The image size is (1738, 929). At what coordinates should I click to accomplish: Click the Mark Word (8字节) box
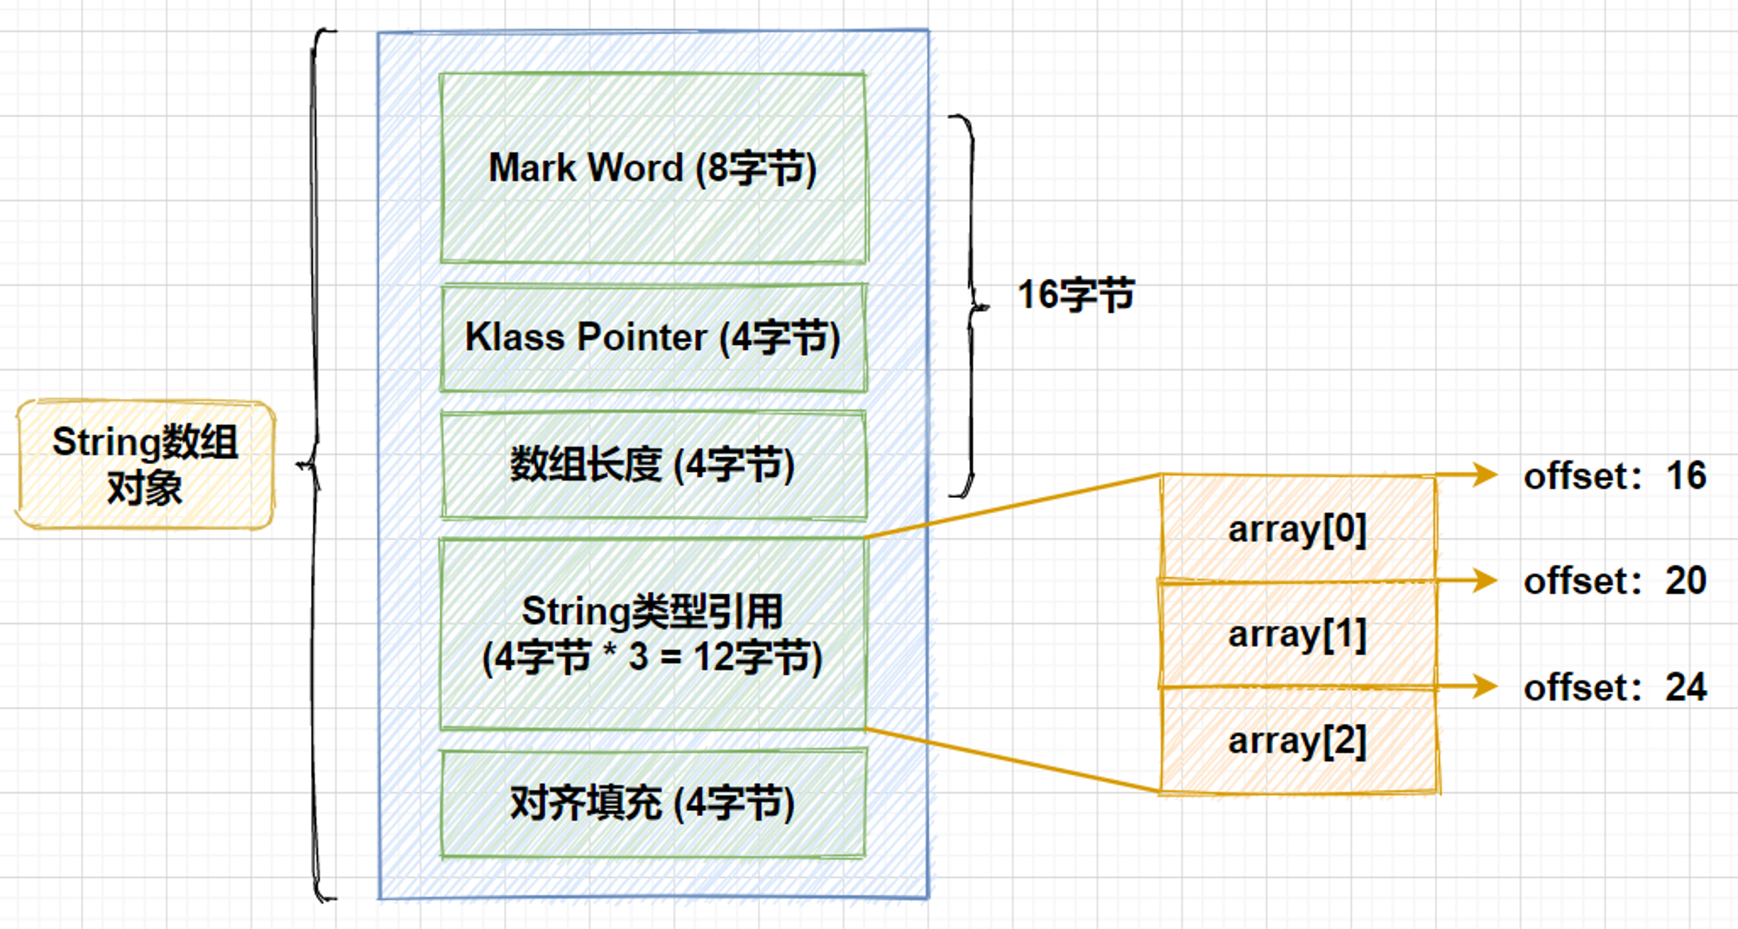tap(653, 168)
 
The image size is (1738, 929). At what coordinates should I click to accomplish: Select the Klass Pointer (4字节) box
tap(653, 337)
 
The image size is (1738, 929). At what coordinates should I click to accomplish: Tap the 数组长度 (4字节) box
tap(653, 465)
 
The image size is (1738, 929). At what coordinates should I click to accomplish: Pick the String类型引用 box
tap(653, 634)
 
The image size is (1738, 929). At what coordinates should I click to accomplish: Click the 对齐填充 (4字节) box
tap(653, 804)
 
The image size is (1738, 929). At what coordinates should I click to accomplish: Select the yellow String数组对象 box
tap(145, 464)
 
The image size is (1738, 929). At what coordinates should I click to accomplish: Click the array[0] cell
tap(1298, 528)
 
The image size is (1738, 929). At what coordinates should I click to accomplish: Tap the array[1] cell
tap(1298, 634)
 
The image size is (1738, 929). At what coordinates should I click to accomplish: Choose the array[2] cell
tap(1298, 740)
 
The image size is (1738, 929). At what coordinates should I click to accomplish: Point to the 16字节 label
tap(1076, 295)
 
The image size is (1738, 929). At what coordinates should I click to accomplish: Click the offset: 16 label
tap(1615, 476)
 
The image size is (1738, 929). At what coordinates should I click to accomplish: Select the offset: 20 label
tap(1615, 581)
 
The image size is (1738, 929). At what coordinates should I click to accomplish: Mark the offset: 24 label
tap(1615, 687)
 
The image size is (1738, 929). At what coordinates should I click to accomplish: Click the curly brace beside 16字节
tap(972, 306)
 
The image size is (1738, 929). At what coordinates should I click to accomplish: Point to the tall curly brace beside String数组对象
tap(315, 464)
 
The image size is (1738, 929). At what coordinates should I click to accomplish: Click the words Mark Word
tap(587, 168)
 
